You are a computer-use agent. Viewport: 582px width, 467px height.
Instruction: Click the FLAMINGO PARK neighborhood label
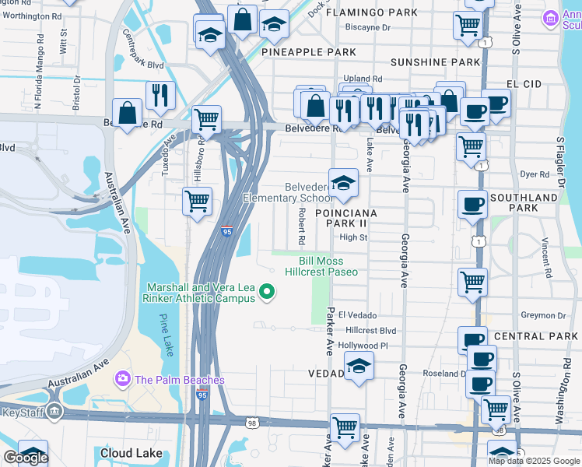[371, 12]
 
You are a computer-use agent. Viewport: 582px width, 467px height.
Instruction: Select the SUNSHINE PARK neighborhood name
[435, 61]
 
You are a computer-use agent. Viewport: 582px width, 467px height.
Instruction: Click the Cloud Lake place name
[131, 453]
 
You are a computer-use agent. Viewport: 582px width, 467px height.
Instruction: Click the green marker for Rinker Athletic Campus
[268, 293]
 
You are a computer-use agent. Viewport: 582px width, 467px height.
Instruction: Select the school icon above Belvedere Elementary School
[343, 184]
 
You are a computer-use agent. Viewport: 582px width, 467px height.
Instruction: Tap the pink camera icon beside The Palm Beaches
[122, 380]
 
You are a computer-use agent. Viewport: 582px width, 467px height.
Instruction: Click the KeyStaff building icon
[54, 412]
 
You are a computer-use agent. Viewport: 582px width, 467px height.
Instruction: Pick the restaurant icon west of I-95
[160, 95]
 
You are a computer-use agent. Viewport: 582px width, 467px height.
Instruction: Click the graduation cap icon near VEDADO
[359, 366]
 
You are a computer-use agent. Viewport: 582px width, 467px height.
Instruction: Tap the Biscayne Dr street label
[368, 27]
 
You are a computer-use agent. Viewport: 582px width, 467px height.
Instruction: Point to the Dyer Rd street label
[535, 174]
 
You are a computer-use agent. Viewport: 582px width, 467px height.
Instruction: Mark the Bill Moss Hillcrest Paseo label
[321, 266]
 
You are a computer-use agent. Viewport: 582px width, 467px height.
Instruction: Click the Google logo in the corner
[25, 458]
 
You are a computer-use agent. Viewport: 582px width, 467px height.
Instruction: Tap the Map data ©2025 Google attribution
[533, 461]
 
